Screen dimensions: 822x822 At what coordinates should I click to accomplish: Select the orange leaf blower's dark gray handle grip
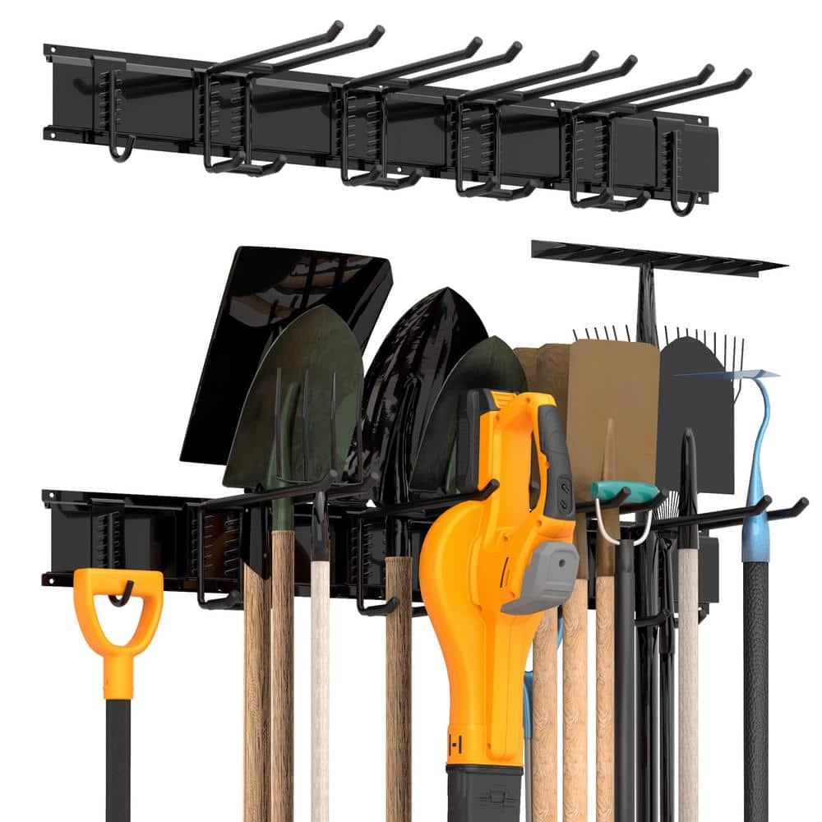coord(555,460)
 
